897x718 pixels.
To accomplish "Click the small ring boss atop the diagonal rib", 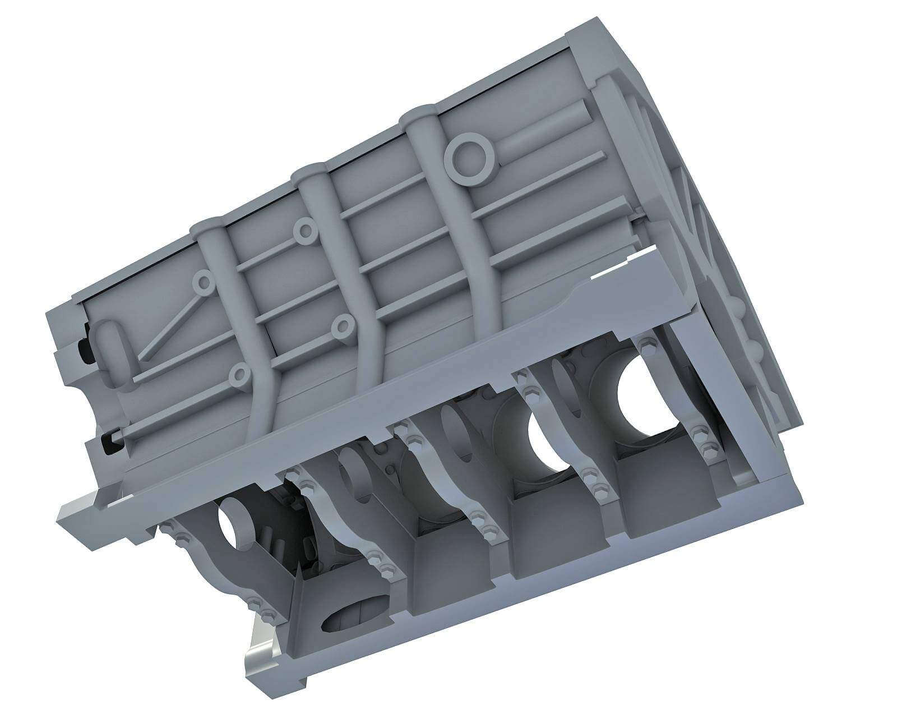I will click(204, 282).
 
